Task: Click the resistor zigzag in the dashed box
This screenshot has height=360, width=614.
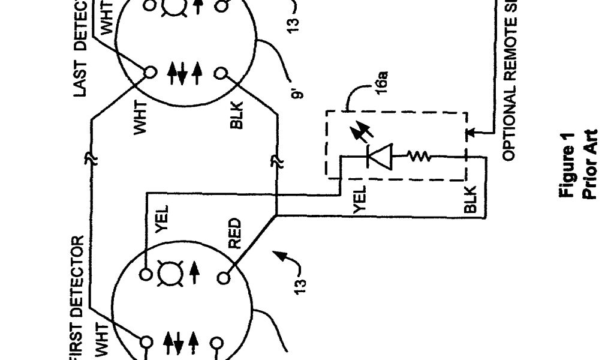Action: pyautogui.click(x=419, y=157)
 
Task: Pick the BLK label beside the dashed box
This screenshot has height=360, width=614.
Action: pyautogui.click(x=471, y=200)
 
